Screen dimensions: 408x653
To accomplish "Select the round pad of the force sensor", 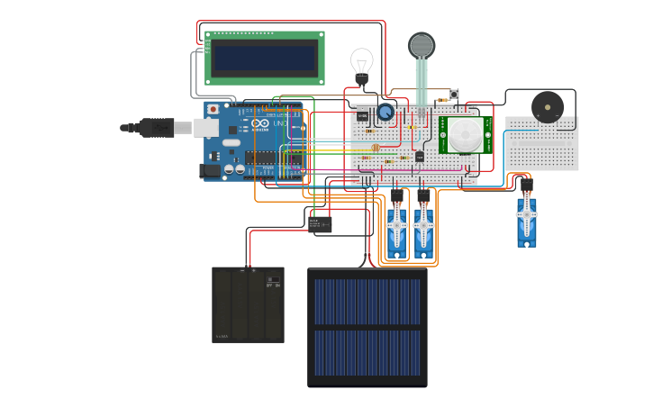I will coord(421,45).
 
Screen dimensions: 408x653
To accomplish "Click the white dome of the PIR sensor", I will coord(466,135).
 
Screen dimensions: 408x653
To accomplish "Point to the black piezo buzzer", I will coord(547,107).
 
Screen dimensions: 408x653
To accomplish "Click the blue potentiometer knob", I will coord(385,112).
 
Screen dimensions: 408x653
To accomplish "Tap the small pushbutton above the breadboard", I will coord(454,95).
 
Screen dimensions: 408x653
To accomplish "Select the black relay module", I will coord(320,224).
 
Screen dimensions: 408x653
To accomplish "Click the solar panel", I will coord(367,327).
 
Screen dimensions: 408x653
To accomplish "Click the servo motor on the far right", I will coord(527,218).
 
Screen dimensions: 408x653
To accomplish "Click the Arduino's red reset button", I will coord(213,110).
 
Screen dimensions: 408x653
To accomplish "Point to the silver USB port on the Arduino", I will coord(206,128).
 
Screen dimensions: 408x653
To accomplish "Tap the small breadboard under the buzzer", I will coord(541,144).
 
